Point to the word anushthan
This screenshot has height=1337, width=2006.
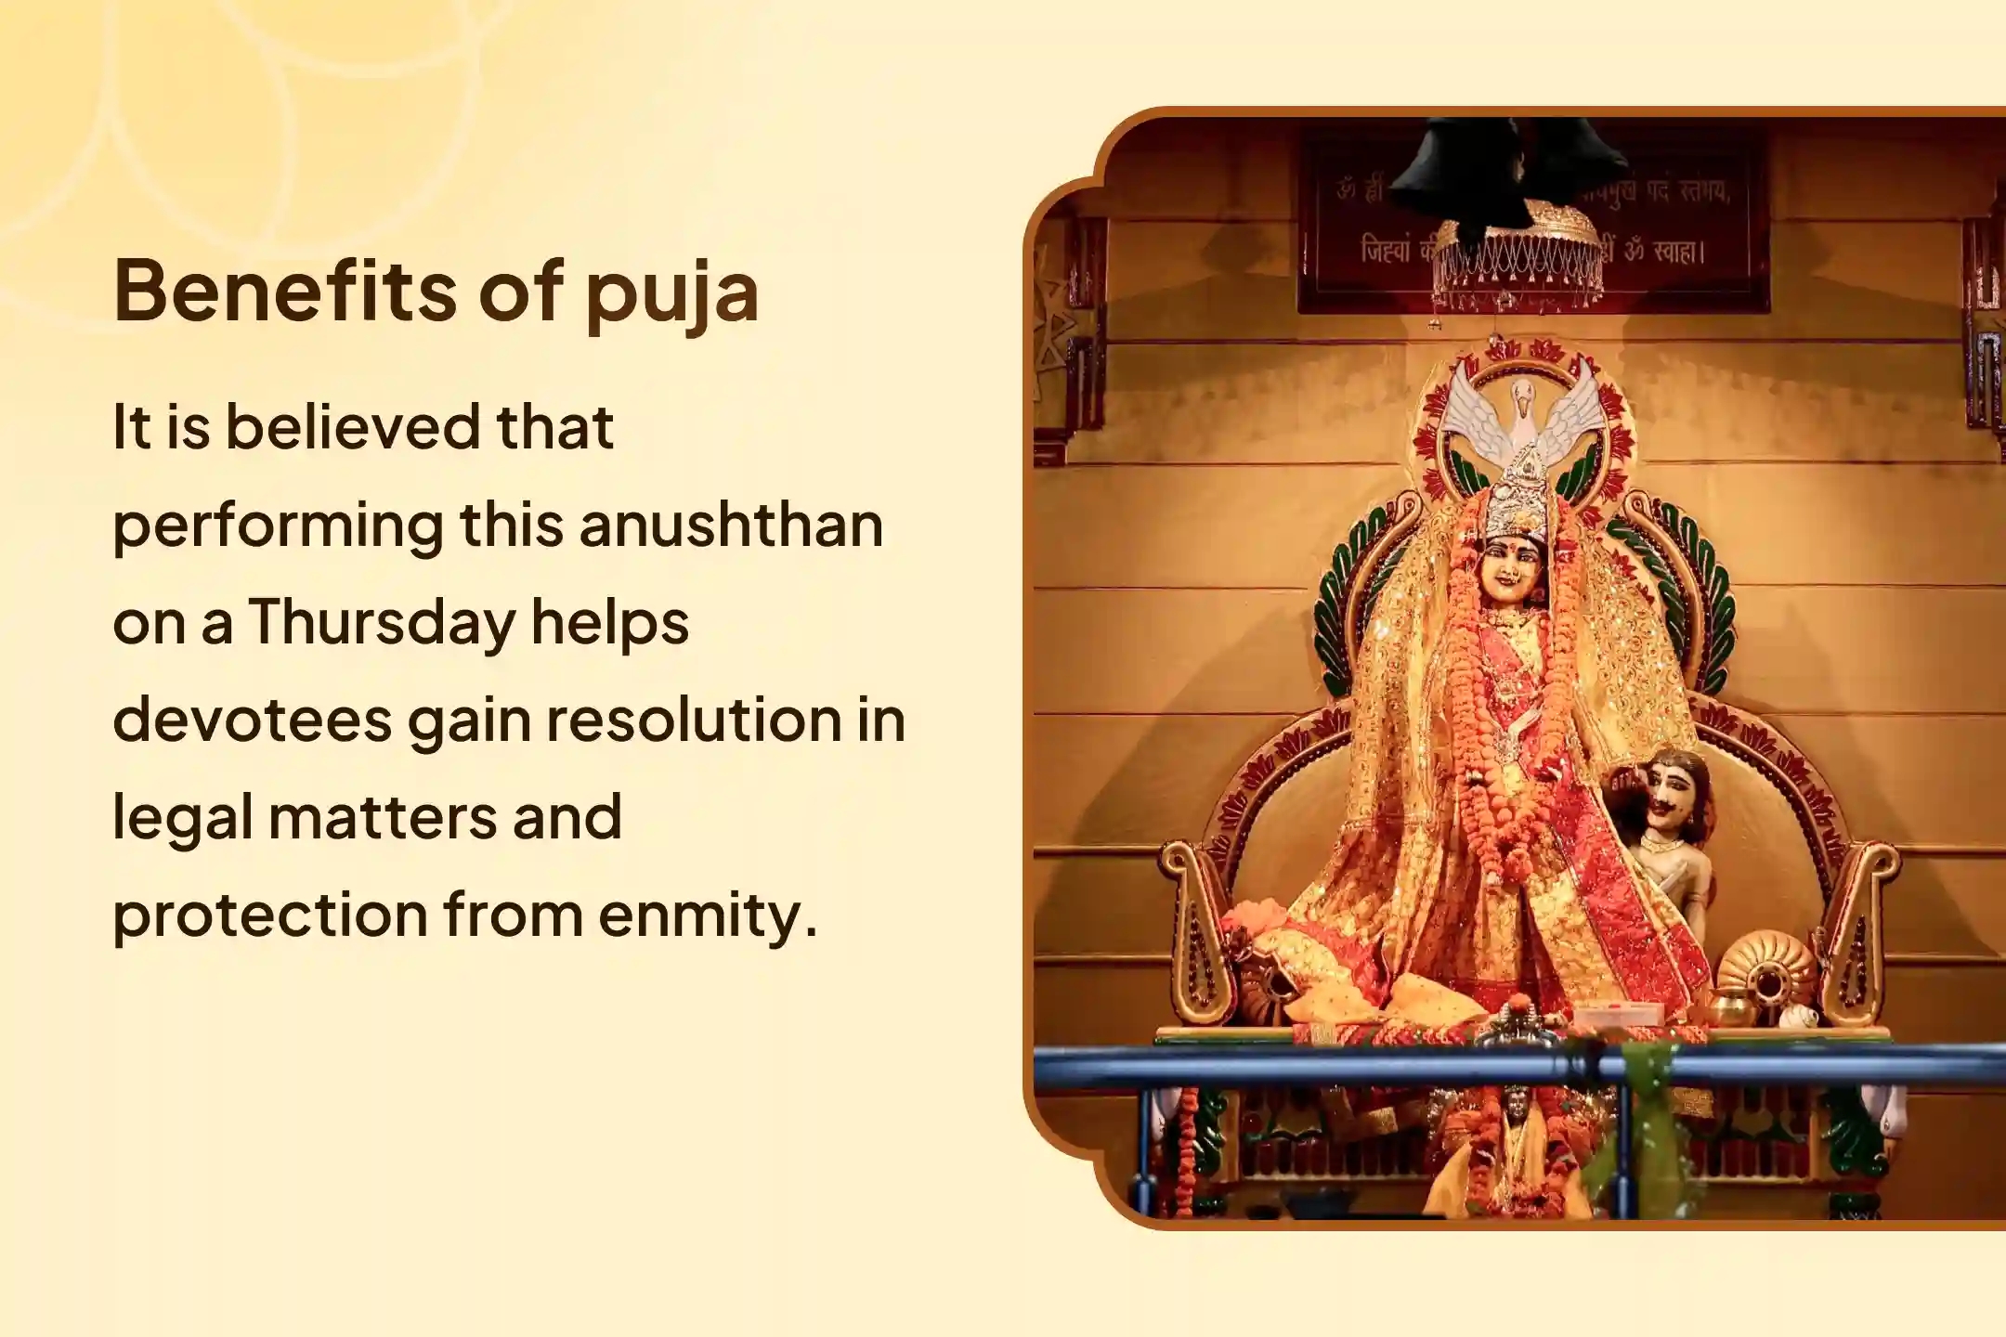click(731, 526)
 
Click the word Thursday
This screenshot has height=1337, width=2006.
click(381, 624)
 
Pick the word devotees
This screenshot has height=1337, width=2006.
click(252, 720)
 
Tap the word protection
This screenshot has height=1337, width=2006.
click(269, 915)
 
